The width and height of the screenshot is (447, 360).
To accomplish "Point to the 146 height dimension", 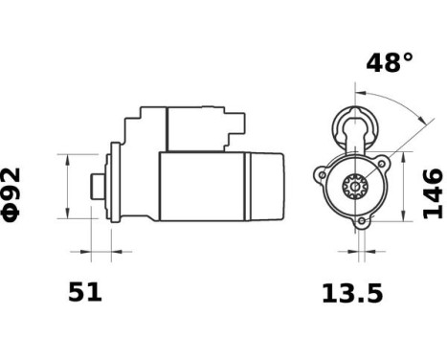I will point(433,193).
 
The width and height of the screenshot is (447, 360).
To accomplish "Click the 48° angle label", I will point(390,63).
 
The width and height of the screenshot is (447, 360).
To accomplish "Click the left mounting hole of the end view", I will point(319,175).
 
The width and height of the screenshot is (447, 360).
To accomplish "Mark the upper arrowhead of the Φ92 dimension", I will point(67,158).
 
